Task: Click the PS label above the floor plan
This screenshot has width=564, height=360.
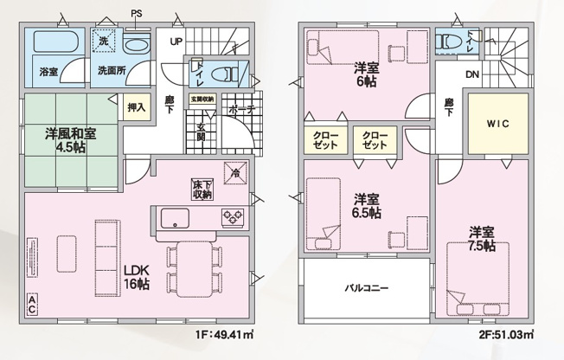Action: (x=137, y=12)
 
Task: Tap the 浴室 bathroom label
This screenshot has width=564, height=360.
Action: (x=48, y=70)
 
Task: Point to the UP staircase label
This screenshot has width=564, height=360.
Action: (x=175, y=42)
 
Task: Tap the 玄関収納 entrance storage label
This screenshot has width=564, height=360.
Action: (x=202, y=99)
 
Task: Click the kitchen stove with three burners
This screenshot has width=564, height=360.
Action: (x=233, y=216)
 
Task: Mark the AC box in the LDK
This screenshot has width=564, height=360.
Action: (x=31, y=305)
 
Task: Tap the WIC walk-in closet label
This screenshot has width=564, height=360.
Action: (x=498, y=124)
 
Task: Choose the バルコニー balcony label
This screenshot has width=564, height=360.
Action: (x=367, y=287)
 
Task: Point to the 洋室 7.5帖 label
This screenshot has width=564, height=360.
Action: (x=482, y=238)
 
